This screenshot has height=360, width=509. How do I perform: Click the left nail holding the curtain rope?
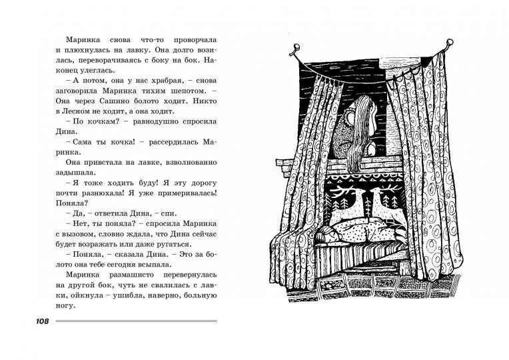[x=296, y=49]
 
